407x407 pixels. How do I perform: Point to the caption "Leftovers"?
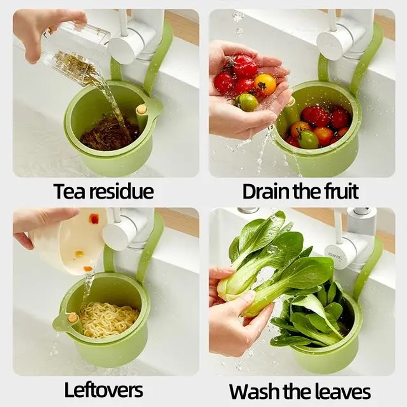[104, 390]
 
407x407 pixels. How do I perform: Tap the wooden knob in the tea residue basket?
[141, 109]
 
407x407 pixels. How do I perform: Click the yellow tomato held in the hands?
[265, 84]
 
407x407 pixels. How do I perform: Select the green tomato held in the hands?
[246, 102]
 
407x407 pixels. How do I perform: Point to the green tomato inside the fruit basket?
[308, 139]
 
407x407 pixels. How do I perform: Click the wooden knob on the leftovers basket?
[72, 318]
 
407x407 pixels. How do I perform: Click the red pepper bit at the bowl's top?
[94, 219]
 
